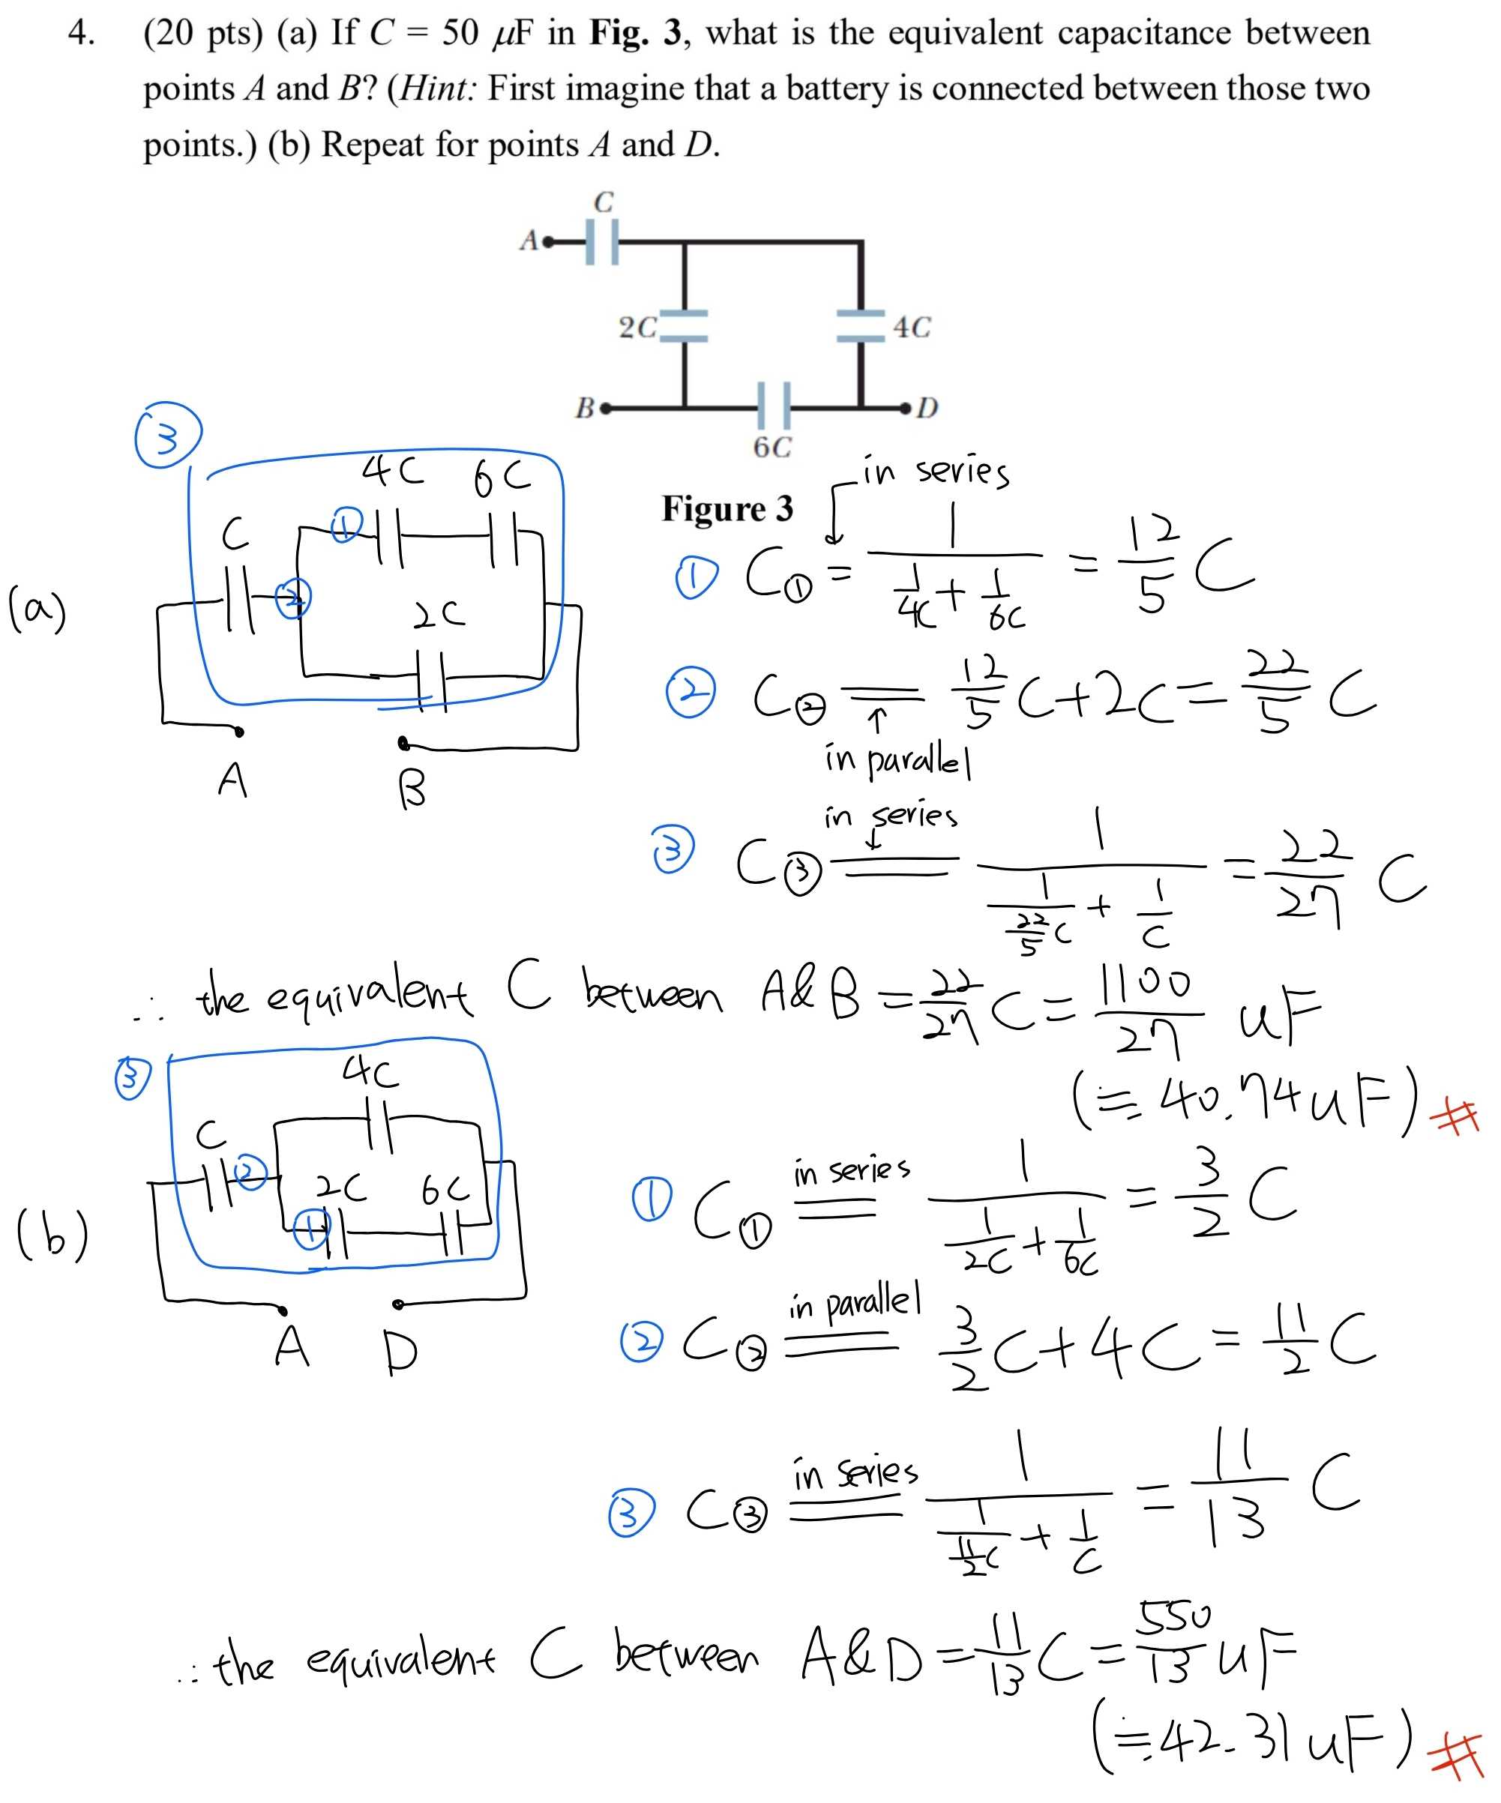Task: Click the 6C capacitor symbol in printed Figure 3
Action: point(774,406)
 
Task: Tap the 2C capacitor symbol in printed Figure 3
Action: point(685,326)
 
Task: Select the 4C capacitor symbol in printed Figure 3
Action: point(861,326)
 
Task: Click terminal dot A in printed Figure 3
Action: point(547,242)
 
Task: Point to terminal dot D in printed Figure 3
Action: point(905,407)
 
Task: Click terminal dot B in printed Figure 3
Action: point(607,408)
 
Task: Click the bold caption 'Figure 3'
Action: point(727,508)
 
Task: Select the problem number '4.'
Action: point(81,33)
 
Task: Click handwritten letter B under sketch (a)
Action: point(412,788)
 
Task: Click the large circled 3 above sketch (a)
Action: point(167,436)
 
